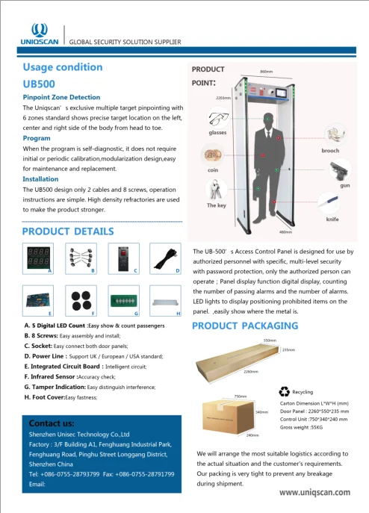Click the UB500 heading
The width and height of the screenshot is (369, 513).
tap(40, 84)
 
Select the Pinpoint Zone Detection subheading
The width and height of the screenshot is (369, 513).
tap(61, 97)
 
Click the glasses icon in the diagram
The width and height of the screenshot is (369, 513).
tap(218, 119)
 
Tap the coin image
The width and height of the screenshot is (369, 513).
tap(212, 158)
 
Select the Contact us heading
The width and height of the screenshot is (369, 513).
tap(46, 423)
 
